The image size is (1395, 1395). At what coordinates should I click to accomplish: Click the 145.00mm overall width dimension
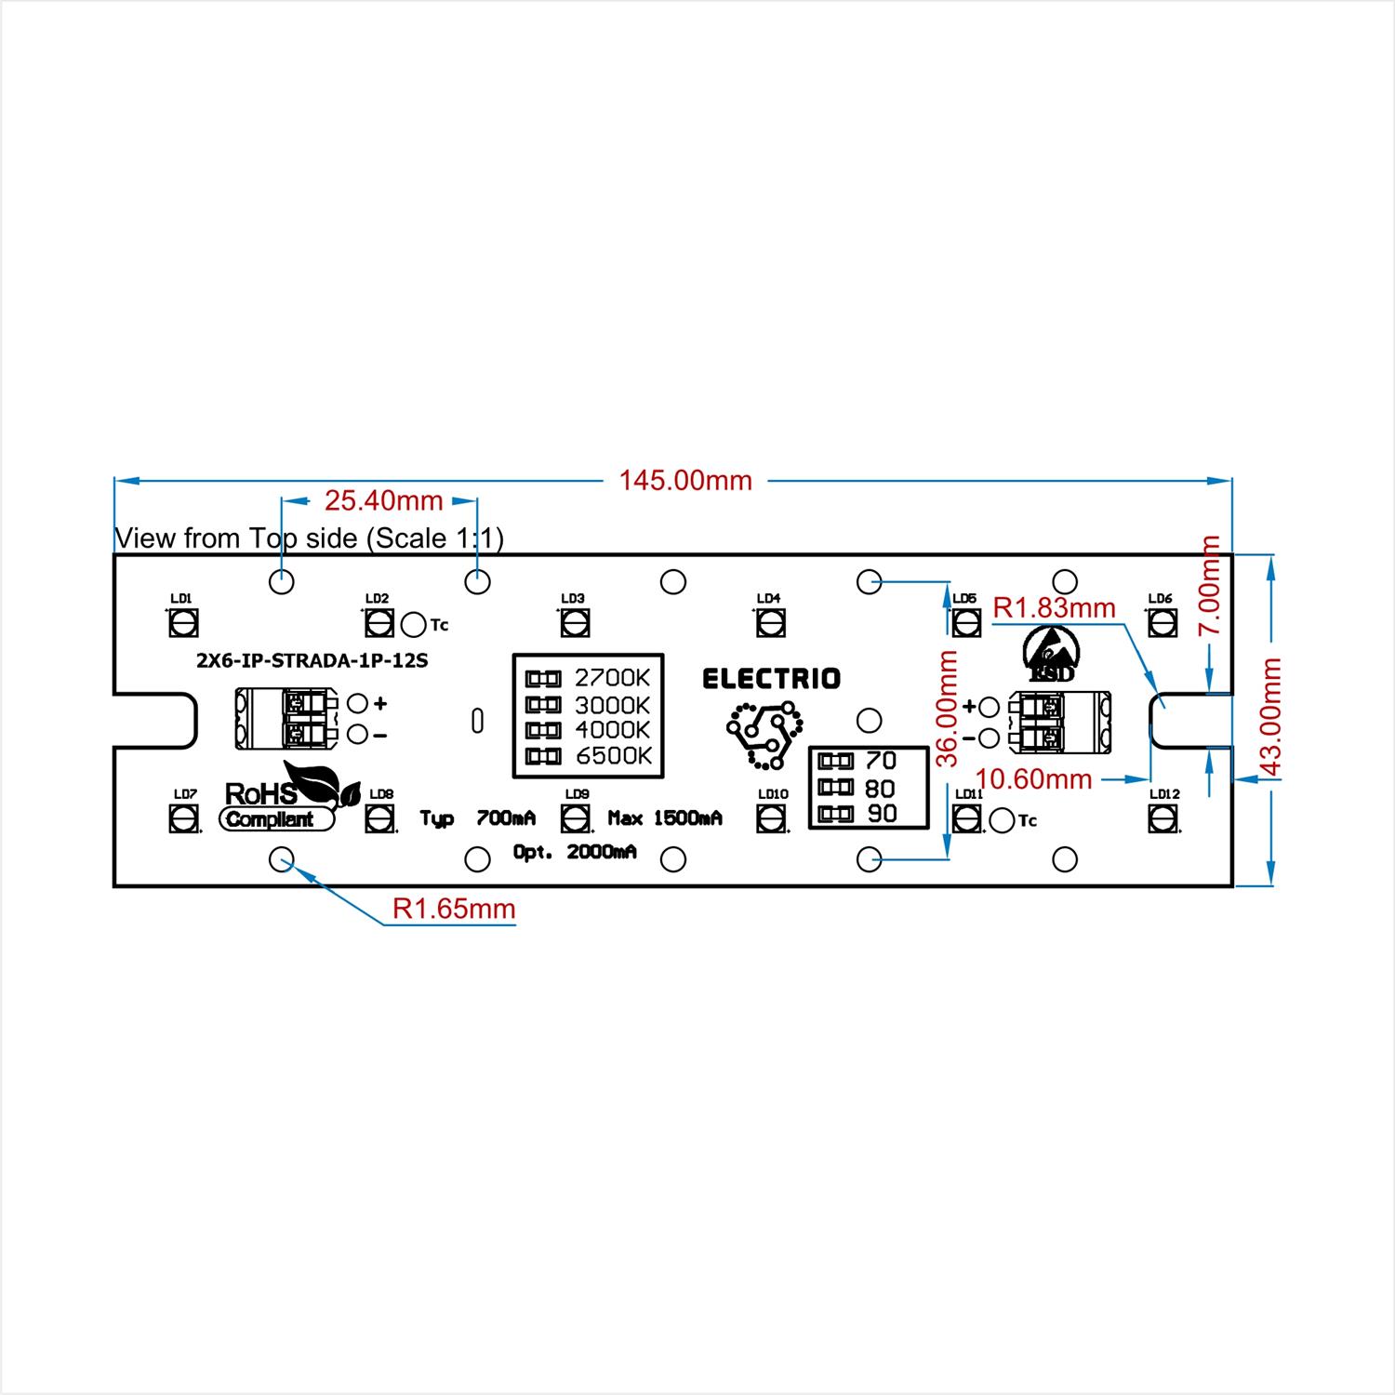(685, 480)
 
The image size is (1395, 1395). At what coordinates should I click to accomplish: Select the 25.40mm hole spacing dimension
(383, 501)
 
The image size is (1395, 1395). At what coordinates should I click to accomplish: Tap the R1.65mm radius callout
(454, 909)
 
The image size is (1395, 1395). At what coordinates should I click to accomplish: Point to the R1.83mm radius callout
(1055, 608)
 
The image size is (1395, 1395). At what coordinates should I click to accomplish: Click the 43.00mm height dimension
(1271, 718)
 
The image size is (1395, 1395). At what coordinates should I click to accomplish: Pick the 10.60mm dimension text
(1034, 778)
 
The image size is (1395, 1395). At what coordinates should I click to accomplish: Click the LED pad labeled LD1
(183, 622)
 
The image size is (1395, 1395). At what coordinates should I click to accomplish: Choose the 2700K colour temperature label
(613, 677)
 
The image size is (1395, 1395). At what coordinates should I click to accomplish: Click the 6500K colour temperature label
(614, 756)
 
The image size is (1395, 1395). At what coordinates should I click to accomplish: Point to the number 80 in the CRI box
(880, 789)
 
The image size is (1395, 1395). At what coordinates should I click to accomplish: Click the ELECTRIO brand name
(771, 679)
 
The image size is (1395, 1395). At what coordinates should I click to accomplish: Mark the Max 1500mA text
(665, 818)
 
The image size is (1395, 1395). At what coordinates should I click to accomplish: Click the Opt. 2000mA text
(575, 852)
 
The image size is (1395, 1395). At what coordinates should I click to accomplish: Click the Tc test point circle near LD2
(414, 624)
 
